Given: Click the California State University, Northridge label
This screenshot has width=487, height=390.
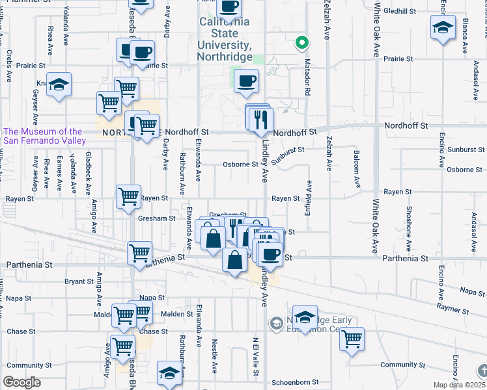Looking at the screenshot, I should (x=225, y=39).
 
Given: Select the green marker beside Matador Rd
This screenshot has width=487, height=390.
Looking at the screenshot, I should (x=301, y=44).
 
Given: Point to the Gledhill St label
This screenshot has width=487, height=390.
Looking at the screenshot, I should (x=400, y=11).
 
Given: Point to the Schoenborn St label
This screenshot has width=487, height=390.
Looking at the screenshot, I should (x=294, y=383).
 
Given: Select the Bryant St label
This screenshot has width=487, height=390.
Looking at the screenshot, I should (x=79, y=281).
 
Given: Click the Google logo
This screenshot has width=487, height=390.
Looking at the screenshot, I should (x=21, y=382).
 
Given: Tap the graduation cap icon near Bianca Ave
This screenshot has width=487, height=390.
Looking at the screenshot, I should (x=443, y=27).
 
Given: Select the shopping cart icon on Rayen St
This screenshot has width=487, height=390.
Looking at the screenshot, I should (x=128, y=196).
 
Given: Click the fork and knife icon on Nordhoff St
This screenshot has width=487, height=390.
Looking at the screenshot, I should (x=261, y=119).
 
